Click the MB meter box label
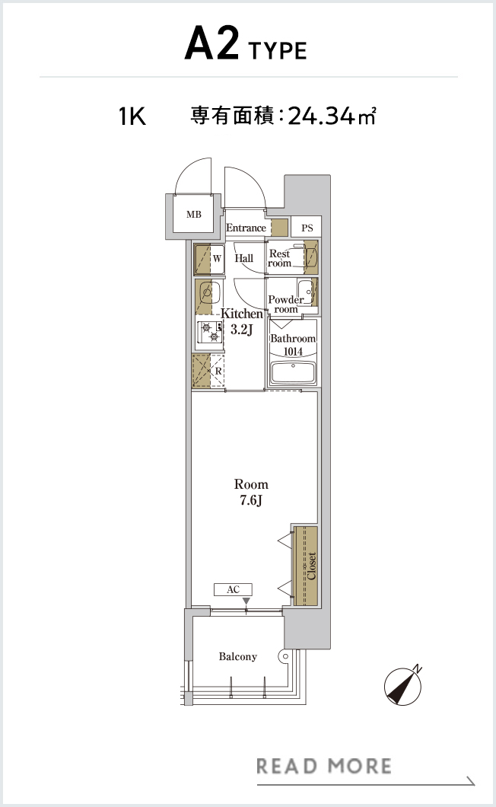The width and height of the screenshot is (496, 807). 194,214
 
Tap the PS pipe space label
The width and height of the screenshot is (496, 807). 307,228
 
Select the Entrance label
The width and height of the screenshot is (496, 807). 246,228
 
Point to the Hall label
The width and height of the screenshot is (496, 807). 244,258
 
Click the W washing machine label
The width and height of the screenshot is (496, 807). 217,258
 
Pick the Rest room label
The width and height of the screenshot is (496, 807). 279,258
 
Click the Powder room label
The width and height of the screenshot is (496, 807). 285,305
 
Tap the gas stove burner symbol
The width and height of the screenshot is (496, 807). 210,333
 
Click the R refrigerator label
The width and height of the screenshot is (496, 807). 218,371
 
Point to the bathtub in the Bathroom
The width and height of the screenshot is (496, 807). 293,372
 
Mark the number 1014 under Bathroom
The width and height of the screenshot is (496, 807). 293,352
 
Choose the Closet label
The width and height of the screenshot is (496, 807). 312,566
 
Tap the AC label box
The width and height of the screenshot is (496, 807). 233,589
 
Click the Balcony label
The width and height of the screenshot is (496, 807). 237,657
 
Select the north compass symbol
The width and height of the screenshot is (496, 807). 403,685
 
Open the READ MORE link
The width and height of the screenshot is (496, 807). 324,766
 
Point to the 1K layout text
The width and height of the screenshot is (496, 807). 132,116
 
